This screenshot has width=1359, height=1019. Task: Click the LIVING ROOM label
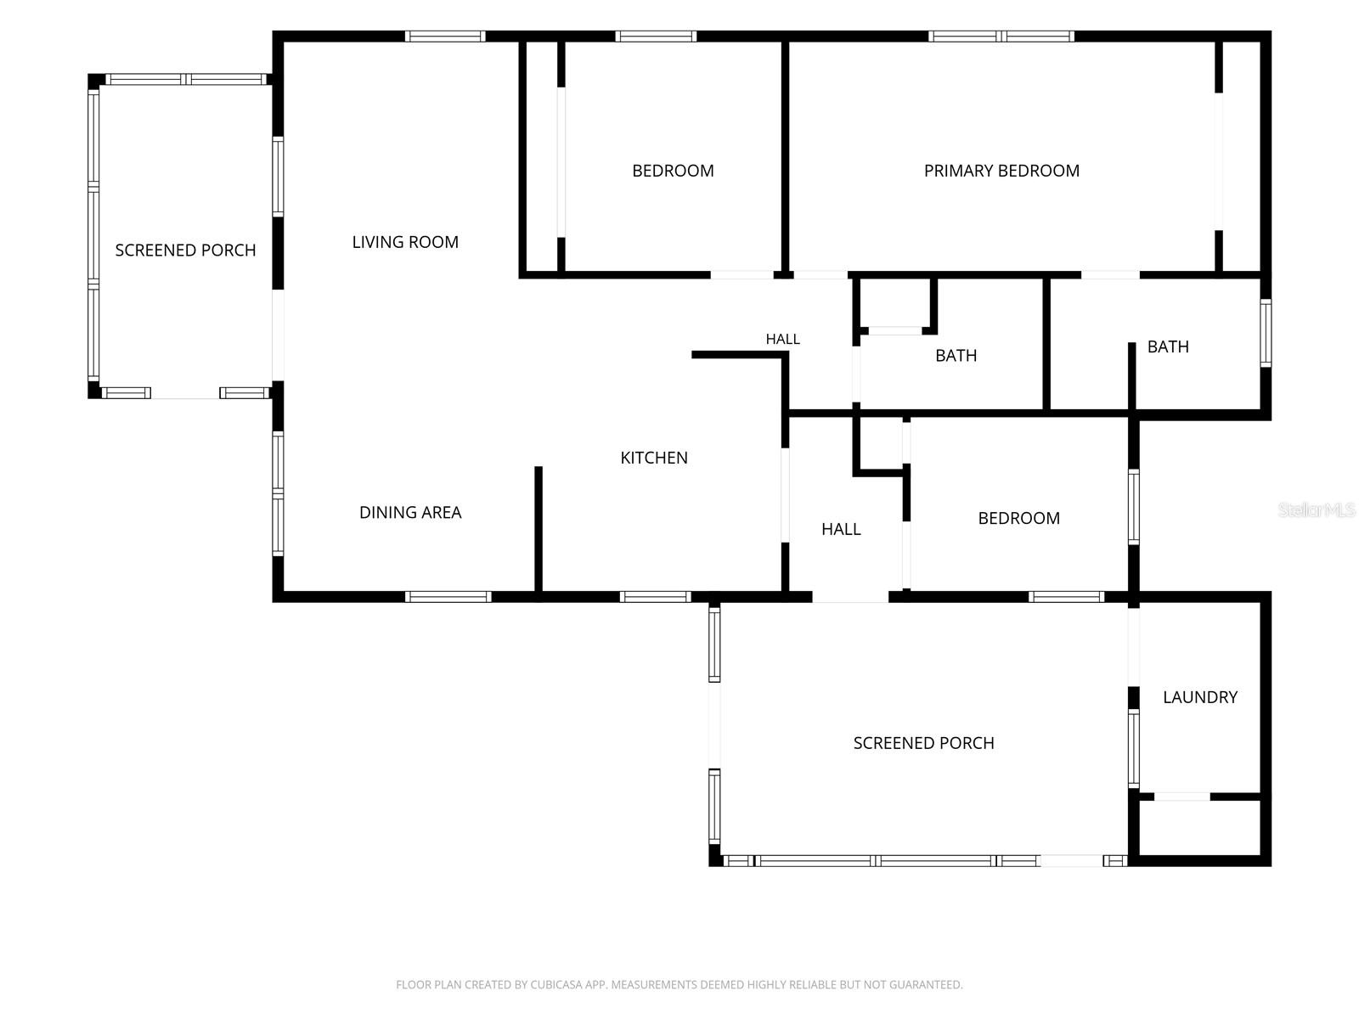405,242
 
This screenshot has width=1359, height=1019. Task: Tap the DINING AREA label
410,512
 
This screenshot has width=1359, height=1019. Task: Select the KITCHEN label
654,458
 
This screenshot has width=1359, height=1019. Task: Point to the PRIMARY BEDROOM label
1001,171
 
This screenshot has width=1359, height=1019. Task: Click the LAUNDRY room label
1200,697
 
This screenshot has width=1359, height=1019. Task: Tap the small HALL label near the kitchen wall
782,339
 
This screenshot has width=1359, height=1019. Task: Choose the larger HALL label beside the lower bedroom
841,529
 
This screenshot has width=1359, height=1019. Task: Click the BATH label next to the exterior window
1168,346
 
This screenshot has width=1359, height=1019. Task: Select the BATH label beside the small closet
956,356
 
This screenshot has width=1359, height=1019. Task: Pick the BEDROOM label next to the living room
673,171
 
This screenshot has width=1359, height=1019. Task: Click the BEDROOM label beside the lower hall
1018,519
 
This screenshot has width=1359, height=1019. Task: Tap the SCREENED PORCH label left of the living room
185,250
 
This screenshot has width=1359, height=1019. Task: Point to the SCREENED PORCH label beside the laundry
923,743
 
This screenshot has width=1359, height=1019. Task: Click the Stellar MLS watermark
1317,509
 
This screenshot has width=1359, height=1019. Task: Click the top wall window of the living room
444,37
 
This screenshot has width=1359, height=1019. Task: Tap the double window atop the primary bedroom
1001,37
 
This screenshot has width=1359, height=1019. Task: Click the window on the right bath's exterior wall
1266,333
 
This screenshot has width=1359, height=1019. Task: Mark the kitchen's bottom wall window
655,597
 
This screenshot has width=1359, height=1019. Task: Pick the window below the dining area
448,597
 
